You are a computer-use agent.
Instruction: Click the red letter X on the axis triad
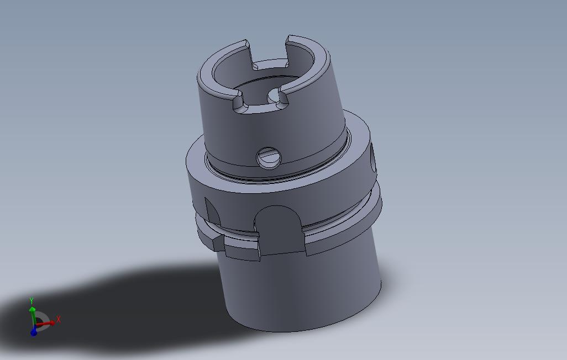click(59, 319)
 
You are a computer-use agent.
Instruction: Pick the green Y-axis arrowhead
click(33, 308)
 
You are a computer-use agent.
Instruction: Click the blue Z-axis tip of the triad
click(34, 332)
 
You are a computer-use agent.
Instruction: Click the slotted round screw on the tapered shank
click(269, 158)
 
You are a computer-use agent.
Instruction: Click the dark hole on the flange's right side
click(373, 158)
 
